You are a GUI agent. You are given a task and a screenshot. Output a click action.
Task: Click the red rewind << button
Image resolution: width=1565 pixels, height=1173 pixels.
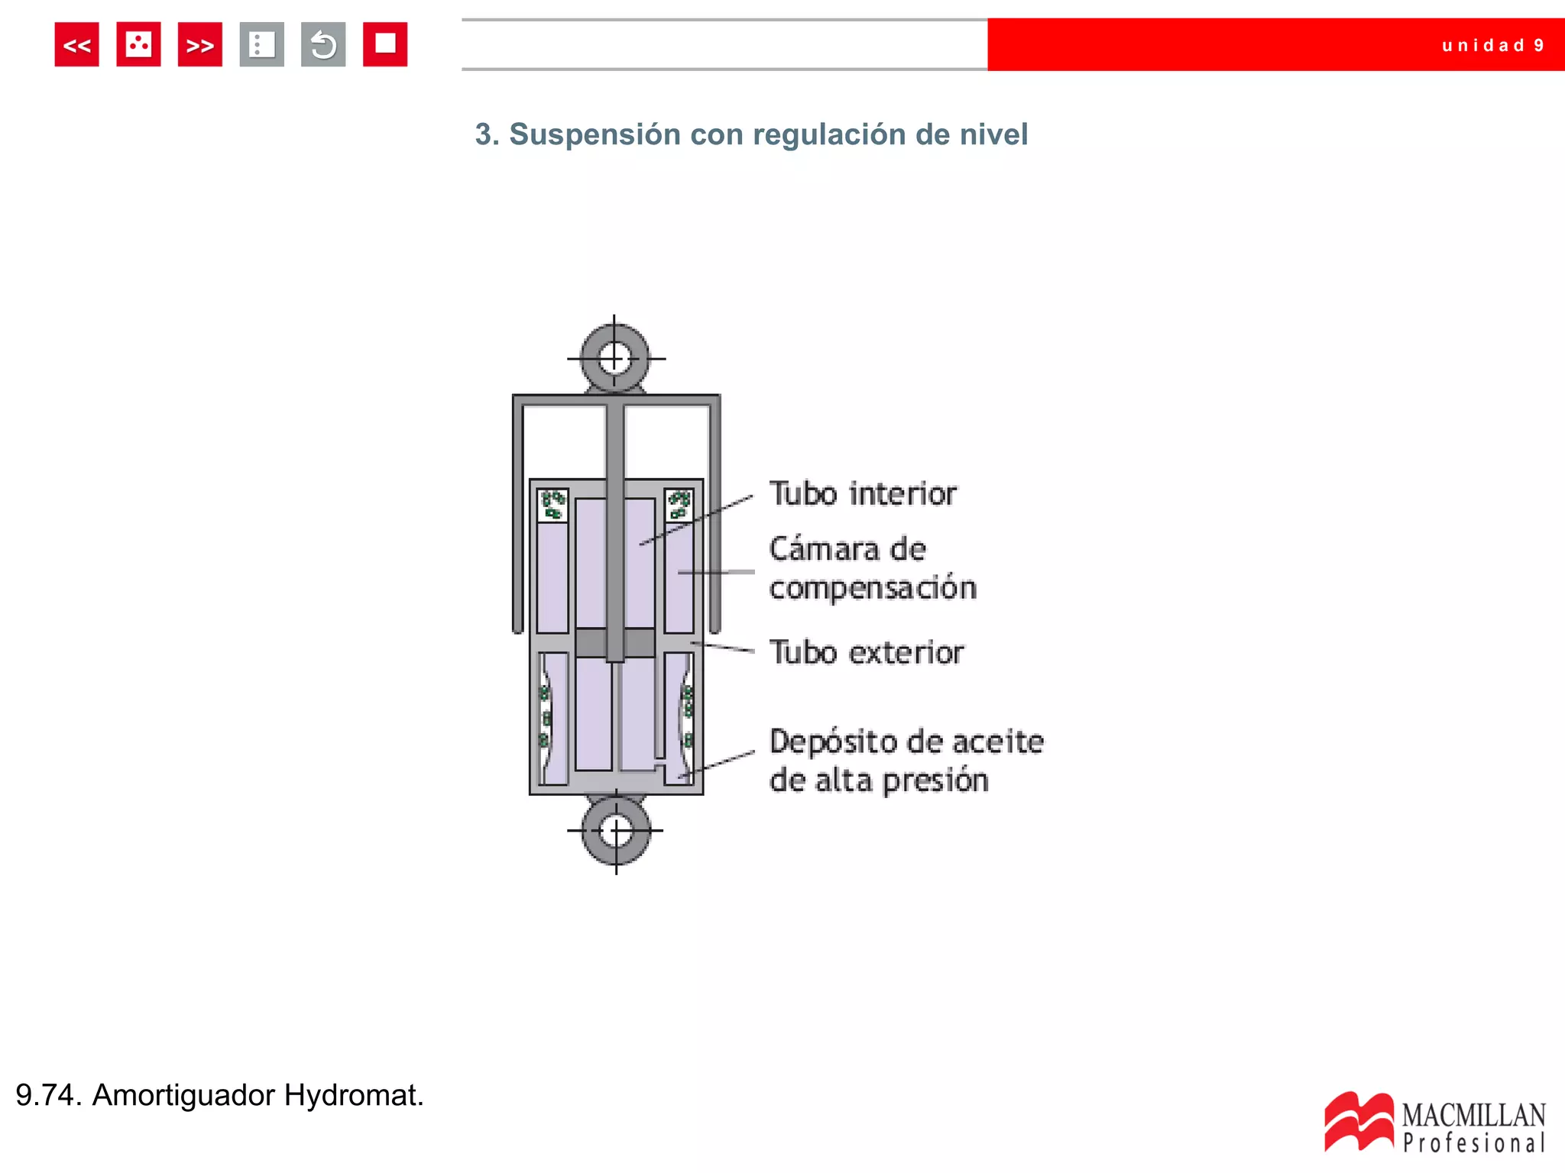click(x=76, y=45)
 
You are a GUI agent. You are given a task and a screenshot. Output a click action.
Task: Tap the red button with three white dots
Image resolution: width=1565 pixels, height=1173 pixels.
click(x=138, y=45)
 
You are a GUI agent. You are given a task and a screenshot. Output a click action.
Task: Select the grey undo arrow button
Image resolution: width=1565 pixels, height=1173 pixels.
click(x=323, y=45)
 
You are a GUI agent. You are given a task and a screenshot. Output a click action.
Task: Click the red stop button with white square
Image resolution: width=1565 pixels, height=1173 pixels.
click(x=385, y=45)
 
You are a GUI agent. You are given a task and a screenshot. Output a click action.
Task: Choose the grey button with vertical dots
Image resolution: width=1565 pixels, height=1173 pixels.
click(x=261, y=45)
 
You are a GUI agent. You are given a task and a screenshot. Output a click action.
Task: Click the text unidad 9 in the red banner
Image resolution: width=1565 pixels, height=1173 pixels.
click(x=1492, y=46)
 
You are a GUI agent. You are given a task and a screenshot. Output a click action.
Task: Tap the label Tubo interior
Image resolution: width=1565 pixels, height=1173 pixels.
click(x=862, y=494)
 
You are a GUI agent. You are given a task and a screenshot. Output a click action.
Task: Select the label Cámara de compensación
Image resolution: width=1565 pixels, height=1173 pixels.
click(x=872, y=569)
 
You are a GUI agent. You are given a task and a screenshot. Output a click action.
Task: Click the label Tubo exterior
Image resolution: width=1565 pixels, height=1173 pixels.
click(x=866, y=653)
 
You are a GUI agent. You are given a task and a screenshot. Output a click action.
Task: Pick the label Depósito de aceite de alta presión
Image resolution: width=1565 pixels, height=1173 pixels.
click(x=906, y=761)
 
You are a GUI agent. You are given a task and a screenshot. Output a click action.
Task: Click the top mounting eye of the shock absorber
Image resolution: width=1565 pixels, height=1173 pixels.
click(x=614, y=357)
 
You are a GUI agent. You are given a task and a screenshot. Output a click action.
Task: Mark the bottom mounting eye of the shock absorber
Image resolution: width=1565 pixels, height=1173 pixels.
click(x=616, y=831)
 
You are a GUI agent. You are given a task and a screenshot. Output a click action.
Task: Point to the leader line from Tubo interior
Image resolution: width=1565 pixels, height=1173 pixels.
click(x=695, y=521)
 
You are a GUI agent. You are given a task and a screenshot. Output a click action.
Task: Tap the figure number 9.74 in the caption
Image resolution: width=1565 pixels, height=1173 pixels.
click(x=47, y=1095)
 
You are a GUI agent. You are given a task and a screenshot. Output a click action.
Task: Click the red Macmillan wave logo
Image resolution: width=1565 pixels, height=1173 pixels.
click(x=1359, y=1122)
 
